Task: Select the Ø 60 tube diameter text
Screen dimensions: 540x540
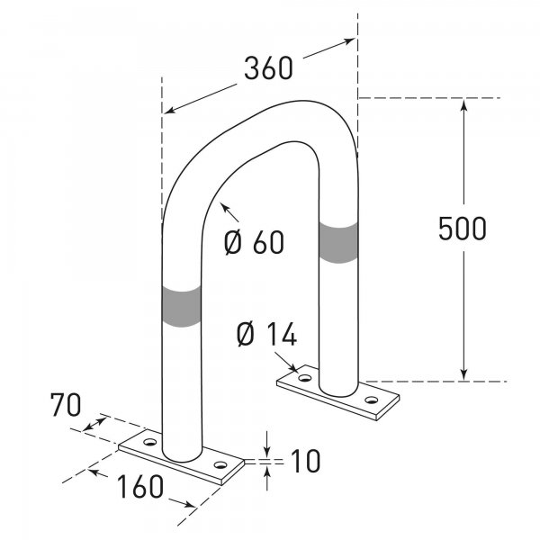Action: tap(253, 242)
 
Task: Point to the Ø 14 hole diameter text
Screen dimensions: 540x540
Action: tap(265, 335)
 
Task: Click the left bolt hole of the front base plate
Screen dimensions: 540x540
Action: tap(149, 444)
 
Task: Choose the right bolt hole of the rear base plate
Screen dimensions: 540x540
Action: tap(371, 400)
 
